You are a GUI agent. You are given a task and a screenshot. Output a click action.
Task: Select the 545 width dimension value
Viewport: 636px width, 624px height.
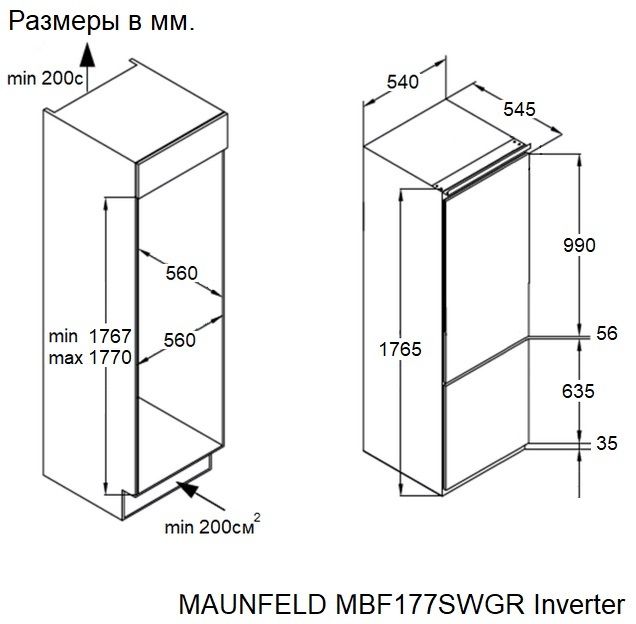click(x=520, y=109)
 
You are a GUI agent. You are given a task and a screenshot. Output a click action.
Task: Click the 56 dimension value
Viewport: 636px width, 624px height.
click(x=606, y=334)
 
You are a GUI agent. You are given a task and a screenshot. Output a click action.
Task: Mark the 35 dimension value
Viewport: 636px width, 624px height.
click(x=606, y=444)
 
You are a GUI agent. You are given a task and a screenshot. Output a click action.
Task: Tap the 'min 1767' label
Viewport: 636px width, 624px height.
click(x=91, y=337)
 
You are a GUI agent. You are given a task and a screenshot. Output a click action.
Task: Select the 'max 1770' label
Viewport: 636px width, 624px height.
click(x=90, y=358)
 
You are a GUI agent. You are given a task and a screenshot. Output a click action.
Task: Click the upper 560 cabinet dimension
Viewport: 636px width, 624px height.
click(x=182, y=273)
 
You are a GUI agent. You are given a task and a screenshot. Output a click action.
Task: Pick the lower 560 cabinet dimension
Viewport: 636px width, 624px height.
click(x=179, y=340)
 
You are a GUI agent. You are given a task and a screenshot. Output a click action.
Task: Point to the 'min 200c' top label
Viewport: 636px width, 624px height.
click(x=45, y=77)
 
